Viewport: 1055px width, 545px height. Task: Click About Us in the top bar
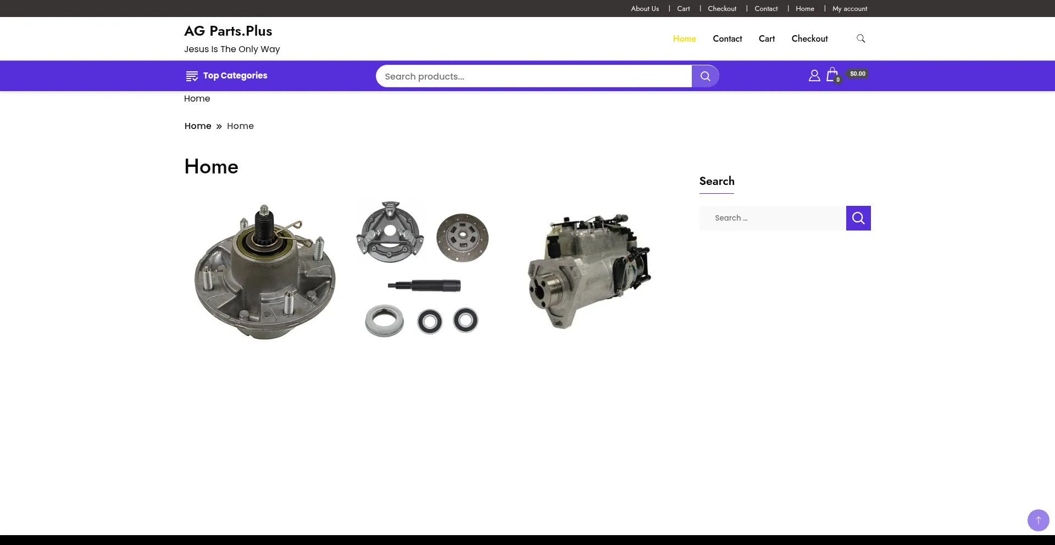pyautogui.click(x=645, y=9)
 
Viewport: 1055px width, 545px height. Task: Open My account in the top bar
pyautogui.click(x=849, y=9)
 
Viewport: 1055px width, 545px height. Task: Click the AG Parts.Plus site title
pyautogui.click(x=228, y=31)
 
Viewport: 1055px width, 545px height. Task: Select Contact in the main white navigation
pyautogui.click(x=727, y=38)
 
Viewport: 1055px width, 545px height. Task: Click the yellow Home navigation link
pyautogui.click(x=684, y=38)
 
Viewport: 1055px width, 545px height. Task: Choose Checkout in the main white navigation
pyautogui.click(x=809, y=38)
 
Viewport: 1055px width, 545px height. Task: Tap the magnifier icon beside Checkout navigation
pyautogui.click(x=861, y=38)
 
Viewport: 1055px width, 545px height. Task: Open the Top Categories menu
pyautogui.click(x=226, y=76)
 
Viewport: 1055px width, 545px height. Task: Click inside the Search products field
pyautogui.click(x=534, y=76)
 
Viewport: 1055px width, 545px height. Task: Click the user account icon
pyautogui.click(x=814, y=76)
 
